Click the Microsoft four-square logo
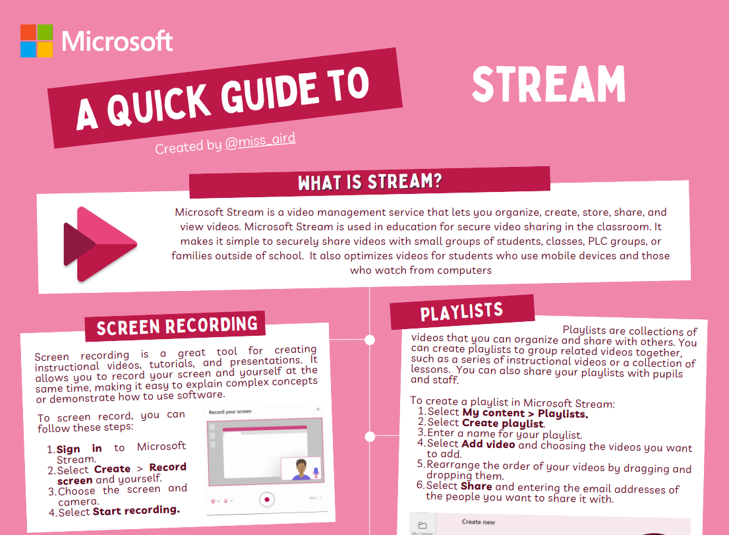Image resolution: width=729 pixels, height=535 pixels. pos(36,41)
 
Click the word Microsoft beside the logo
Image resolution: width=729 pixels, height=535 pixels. pos(117,41)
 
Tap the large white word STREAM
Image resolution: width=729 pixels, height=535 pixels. pos(548,85)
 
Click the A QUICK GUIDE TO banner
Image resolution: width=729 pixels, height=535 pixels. pos(224,98)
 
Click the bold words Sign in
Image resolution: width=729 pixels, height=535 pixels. pos(79,449)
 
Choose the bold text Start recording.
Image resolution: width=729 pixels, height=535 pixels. pos(136,510)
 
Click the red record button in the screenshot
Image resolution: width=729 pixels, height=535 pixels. pos(266,499)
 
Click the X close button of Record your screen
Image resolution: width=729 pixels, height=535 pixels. pos(318,410)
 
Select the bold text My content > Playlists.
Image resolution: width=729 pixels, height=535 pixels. pos(525,414)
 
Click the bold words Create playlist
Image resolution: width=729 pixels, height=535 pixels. pos(503,424)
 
